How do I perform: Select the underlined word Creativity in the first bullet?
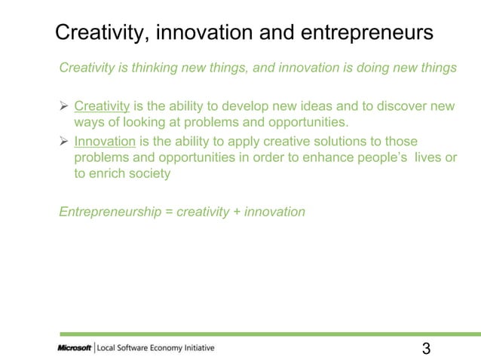coord(102,105)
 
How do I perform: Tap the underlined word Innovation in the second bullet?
coord(104,141)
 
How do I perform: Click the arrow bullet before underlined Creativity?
coord(64,105)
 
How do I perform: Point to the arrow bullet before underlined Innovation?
coord(64,141)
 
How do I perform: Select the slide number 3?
coord(427,348)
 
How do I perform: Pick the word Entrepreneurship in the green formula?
coord(110,212)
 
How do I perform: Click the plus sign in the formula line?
coord(237,212)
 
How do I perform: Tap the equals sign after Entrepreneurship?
coord(170,212)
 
